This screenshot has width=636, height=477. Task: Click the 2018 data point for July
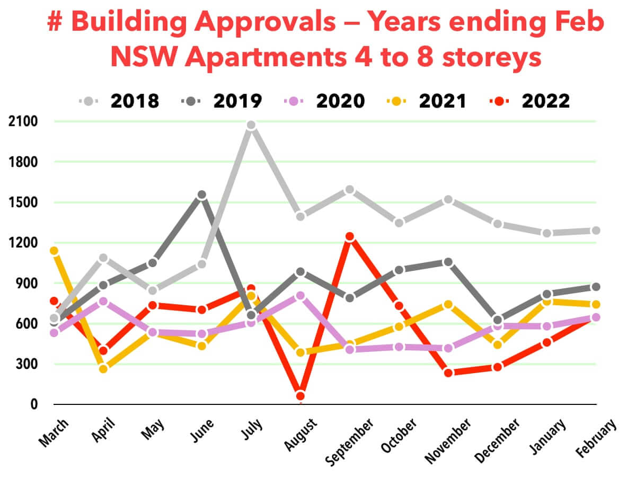251,125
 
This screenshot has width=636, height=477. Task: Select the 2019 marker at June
201,195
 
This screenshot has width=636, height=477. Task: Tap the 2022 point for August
301,396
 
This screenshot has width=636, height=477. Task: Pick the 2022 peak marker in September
350,237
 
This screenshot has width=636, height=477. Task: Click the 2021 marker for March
54,251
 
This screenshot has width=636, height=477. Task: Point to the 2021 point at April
103,368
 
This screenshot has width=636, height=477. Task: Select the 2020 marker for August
301,296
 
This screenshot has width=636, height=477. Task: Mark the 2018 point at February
596,231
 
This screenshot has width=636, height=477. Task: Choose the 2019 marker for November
448,262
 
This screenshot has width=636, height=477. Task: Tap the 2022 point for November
448,373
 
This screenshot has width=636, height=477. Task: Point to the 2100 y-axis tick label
23,121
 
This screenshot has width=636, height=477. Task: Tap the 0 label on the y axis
33,404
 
